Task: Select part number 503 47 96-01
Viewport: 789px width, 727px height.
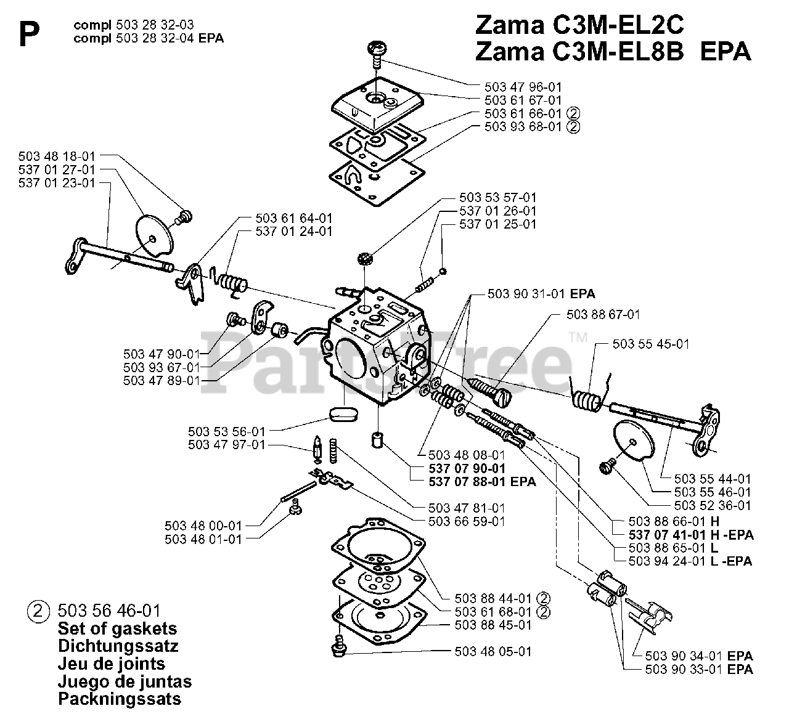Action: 523,87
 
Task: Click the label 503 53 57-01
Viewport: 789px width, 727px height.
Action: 497,198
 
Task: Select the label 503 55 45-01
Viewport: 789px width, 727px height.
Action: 651,344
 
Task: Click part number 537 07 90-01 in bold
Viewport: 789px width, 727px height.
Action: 467,469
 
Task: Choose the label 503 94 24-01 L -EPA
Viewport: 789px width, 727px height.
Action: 690,561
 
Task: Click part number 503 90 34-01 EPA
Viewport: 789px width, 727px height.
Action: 699,657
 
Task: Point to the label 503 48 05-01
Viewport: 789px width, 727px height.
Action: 493,651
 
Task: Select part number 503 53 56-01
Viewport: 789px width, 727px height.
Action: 226,431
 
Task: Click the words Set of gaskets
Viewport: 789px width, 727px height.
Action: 117,629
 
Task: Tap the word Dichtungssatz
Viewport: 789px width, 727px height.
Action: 118,646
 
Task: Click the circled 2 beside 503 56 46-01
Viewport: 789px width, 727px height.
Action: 38,612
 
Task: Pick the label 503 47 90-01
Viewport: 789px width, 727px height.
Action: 161,354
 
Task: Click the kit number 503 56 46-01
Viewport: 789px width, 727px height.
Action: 109,611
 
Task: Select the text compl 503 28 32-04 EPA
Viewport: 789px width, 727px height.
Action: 148,38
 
